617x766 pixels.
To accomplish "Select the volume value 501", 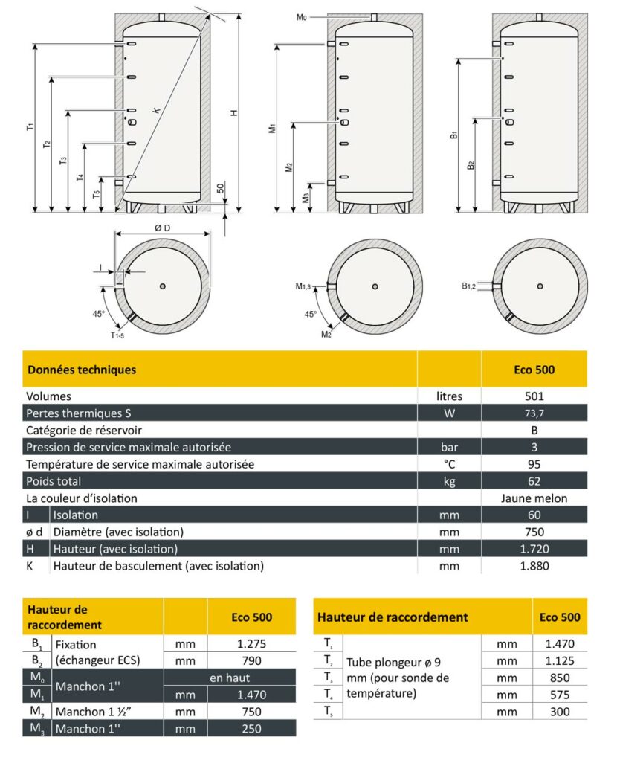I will (534, 397).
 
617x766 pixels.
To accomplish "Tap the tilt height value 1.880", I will (534, 566).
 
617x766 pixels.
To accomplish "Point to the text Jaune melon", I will (534, 498).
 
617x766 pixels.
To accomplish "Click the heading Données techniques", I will (82, 369).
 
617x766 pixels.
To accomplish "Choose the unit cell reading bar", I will (449, 448).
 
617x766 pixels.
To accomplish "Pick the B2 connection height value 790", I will (251, 661).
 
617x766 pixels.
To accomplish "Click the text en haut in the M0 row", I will (230, 678).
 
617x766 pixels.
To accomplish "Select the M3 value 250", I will (251, 729).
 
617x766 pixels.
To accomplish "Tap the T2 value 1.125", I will (559, 661).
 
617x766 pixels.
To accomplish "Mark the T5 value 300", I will (559, 712).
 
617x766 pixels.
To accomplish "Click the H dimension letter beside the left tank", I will (233, 112).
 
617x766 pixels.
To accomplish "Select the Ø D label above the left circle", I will (162, 228).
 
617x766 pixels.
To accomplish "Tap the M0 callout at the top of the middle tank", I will (302, 16).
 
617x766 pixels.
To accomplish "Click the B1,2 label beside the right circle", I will (468, 286).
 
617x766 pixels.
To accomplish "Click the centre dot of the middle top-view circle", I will (375, 286).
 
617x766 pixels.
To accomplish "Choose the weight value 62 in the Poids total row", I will (534, 481).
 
